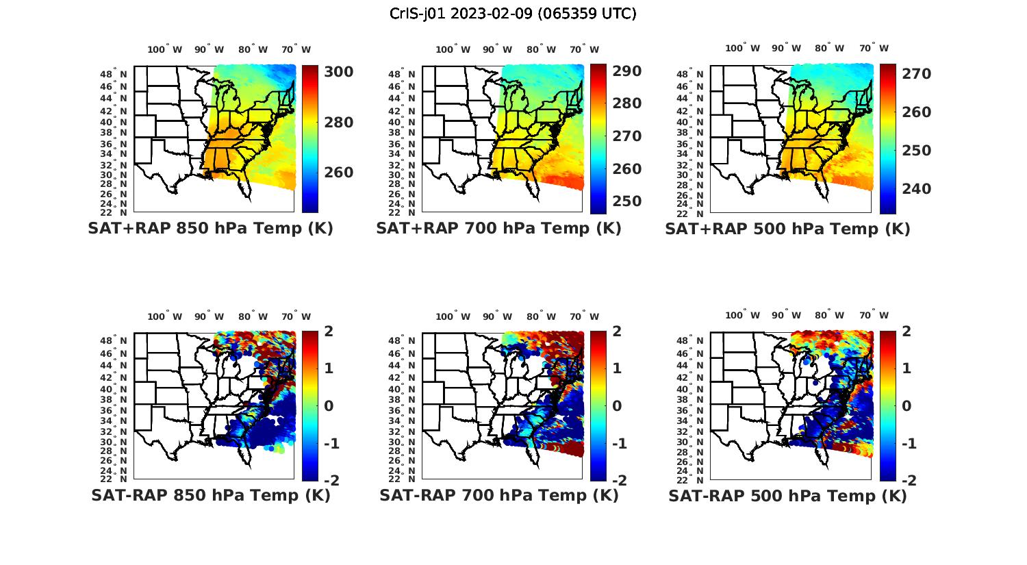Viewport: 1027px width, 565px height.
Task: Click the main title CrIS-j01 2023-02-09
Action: click(x=513, y=14)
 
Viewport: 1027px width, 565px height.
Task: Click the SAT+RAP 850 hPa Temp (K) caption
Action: click(x=210, y=229)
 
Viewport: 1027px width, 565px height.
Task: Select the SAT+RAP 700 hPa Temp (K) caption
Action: click(x=498, y=229)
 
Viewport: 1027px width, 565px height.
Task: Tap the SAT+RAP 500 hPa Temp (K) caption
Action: click(x=787, y=229)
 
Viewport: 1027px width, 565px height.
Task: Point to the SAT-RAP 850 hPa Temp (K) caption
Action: click(x=210, y=496)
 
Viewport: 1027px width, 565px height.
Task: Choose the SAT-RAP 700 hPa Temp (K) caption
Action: click(x=498, y=496)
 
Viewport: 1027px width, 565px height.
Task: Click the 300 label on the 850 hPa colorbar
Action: click(x=339, y=72)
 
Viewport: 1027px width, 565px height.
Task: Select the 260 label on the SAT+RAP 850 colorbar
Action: click(x=339, y=173)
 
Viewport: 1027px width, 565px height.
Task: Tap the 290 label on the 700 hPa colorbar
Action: click(x=626, y=71)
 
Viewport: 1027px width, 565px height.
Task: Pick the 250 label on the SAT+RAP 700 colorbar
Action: click(x=626, y=201)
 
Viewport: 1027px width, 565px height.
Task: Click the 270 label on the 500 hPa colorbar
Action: click(x=916, y=74)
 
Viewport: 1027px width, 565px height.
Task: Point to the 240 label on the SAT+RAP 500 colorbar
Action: click(x=916, y=189)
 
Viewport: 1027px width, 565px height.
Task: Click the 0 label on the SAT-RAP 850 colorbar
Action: click(x=329, y=406)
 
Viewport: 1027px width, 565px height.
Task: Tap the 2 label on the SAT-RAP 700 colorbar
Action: click(x=618, y=332)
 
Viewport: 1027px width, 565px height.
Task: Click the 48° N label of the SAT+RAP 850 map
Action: click(x=114, y=74)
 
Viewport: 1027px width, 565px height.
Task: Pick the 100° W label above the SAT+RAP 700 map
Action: click(x=453, y=49)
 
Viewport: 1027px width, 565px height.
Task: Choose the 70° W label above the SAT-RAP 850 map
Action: click(x=296, y=316)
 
